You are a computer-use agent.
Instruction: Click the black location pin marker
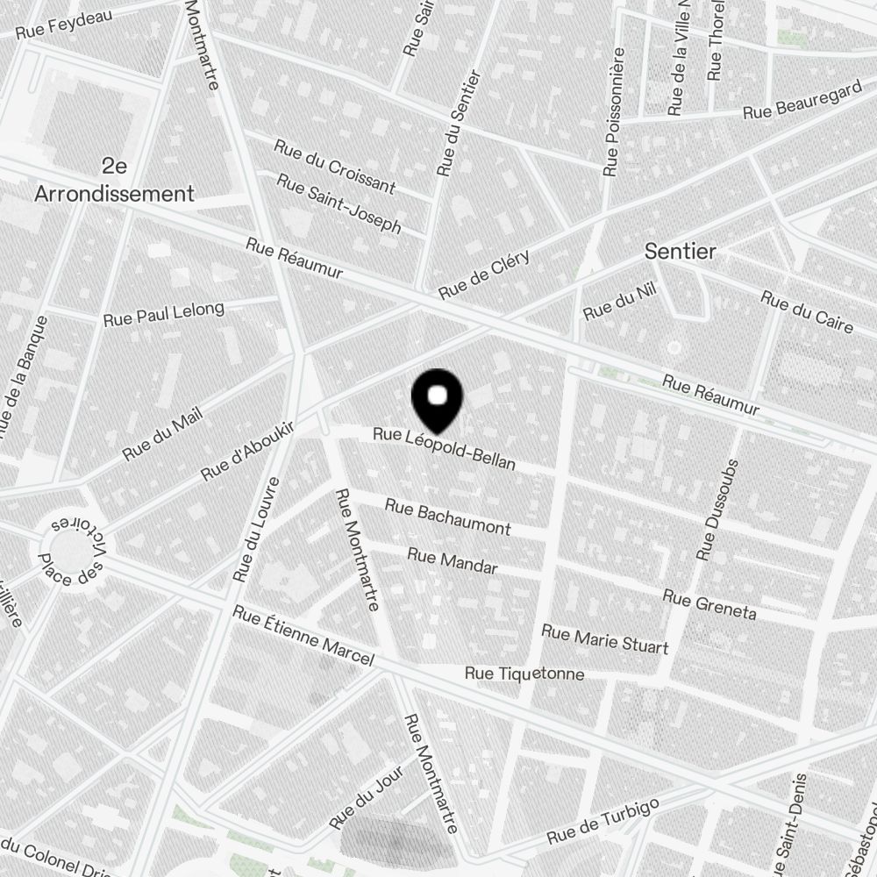pyautogui.click(x=437, y=400)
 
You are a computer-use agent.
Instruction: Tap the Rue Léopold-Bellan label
pyautogui.click(x=444, y=448)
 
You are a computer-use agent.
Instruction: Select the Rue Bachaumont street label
pyautogui.click(x=447, y=517)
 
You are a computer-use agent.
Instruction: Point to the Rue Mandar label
pyautogui.click(x=453, y=561)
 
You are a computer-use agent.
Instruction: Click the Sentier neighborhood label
pyautogui.click(x=680, y=252)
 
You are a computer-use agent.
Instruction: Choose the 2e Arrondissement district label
pyautogui.click(x=114, y=180)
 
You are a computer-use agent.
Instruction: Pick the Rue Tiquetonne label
pyautogui.click(x=524, y=674)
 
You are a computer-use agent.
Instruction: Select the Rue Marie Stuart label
pyautogui.click(x=604, y=639)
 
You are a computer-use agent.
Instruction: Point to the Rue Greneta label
pyautogui.click(x=709, y=604)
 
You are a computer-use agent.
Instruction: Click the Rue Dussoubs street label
pyautogui.click(x=719, y=510)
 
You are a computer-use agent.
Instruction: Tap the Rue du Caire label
pyautogui.click(x=806, y=312)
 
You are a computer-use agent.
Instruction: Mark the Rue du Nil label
pyautogui.click(x=619, y=304)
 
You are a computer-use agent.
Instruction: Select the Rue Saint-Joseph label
pyautogui.click(x=339, y=203)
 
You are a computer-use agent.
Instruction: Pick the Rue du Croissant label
pyautogui.click(x=334, y=166)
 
